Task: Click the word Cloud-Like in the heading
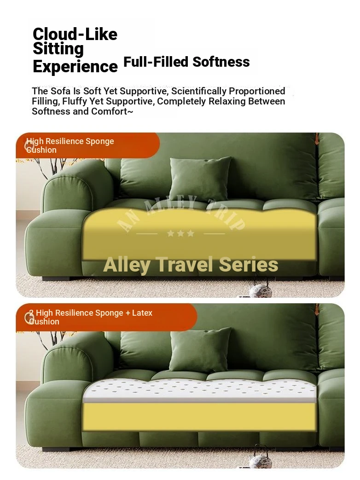tap(75, 34)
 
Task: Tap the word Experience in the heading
tap(75, 66)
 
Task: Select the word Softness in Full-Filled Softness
tap(221, 62)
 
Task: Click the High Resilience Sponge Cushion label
tap(70, 145)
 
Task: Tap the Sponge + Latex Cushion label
tap(91, 317)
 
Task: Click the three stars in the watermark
tap(180, 234)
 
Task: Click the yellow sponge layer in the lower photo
tap(200, 416)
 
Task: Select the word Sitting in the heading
tap(58, 49)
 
